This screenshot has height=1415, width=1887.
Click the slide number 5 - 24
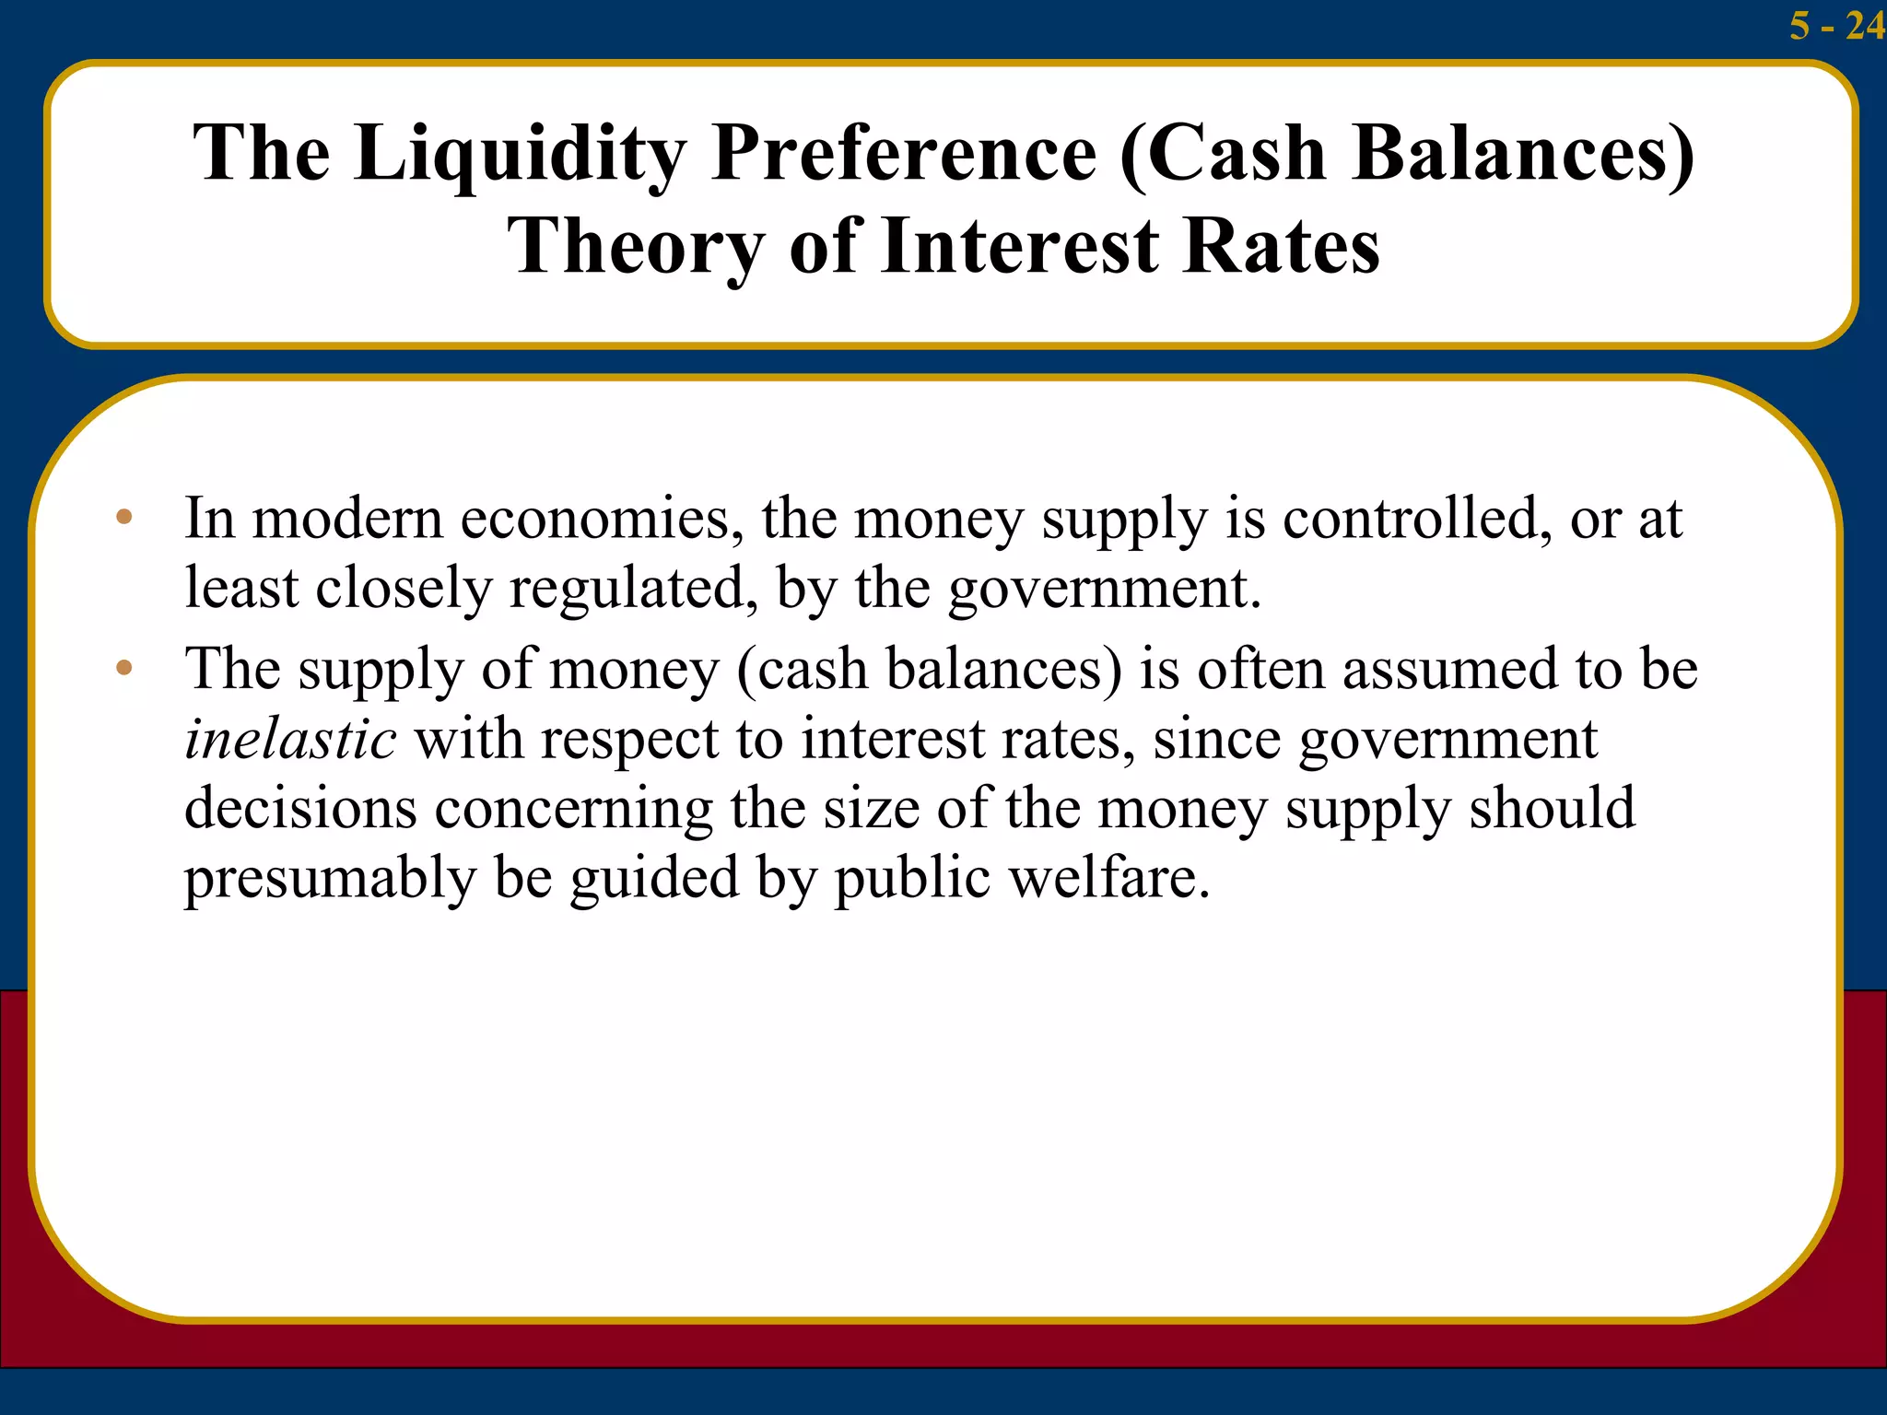(x=1836, y=26)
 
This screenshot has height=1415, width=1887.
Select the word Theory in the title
(x=636, y=247)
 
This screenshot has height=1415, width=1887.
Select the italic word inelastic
(x=290, y=739)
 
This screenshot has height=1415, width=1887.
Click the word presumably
(x=330, y=879)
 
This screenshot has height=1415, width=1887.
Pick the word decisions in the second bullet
(x=300, y=809)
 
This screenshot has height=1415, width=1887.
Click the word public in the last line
(x=912, y=877)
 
